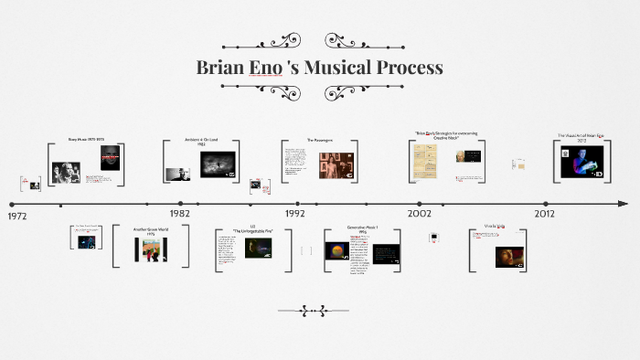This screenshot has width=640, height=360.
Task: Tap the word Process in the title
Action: pyautogui.click(x=414, y=68)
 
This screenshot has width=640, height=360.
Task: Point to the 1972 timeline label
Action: pyautogui.click(x=18, y=217)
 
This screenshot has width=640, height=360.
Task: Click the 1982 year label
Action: pyautogui.click(x=179, y=213)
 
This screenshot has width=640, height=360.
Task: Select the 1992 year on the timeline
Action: pyautogui.click(x=294, y=213)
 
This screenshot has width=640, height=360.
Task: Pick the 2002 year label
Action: pyautogui.click(x=420, y=213)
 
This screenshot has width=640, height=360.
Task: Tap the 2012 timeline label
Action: pyautogui.click(x=545, y=213)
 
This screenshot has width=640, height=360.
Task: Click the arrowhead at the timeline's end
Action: pyautogui.click(x=623, y=203)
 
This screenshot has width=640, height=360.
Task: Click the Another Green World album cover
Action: pyautogui.click(x=151, y=248)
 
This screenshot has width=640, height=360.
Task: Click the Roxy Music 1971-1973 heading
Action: pyautogui.click(x=86, y=142)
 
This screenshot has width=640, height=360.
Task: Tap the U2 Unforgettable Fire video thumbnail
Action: pyautogui.click(x=258, y=249)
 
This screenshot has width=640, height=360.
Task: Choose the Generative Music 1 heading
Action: pyautogui.click(x=362, y=228)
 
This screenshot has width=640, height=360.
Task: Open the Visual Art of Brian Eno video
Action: pyautogui.click(x=582, y=162)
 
